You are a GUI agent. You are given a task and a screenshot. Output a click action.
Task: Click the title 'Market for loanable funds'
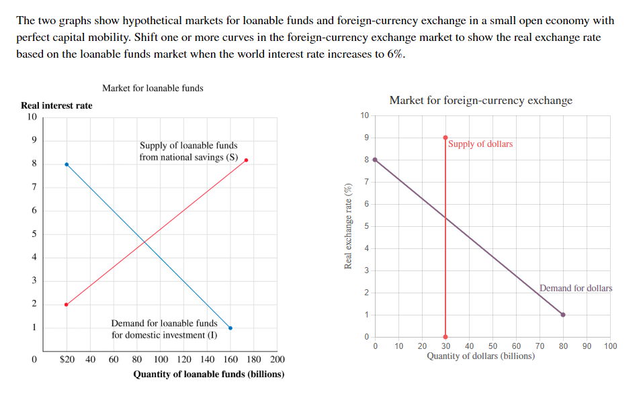pyautogui.click(x=153, y=88)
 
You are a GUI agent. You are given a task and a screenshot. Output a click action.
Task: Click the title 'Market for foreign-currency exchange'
pyautogui.click(x=480, y=101)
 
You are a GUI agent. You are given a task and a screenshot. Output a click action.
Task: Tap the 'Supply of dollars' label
pyautogui.click(x=480, y=144)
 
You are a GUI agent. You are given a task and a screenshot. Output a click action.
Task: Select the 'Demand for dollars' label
pyautogui.click(x=576, y=288)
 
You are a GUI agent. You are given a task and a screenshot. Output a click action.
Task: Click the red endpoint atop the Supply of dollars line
pyautogui.click(x=445, y=138)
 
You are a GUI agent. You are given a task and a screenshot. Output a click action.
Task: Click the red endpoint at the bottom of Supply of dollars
pyautogui.click(x=445, y=337)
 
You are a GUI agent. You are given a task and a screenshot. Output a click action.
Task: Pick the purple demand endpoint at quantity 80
pyautogui.click(x=563, y=315)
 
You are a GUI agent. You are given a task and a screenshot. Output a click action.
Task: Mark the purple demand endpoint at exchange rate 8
pyautogui.click(x=375, y=160)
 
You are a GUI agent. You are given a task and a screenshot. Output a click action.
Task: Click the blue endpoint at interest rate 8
pyautogui.click(x=66, y=164)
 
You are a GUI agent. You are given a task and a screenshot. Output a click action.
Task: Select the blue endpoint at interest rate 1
pyautogui.click(x=230, y=328)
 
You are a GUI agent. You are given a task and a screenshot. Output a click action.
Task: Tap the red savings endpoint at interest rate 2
pyautogui.click(x=66, y=305)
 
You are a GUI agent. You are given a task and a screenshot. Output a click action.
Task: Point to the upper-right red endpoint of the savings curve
pyautogui.click(x=247, y=160)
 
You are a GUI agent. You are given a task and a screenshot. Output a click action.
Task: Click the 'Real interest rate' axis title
pyautogui.click(x=57, y=105)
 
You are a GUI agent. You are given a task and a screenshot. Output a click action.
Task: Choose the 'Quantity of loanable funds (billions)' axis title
pyautogui.click(x=208, y=374)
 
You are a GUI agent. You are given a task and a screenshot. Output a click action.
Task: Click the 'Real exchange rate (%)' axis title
pyautogui.click(x=348, y=225)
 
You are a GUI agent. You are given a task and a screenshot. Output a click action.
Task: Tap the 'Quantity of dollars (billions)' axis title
pyautogui.click(x=480, y=356)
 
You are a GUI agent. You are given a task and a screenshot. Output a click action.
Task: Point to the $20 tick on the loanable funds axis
pyautogui.click(x=67, y=360)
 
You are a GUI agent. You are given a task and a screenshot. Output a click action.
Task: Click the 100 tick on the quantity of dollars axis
pyautogui.click(x=609, y=346)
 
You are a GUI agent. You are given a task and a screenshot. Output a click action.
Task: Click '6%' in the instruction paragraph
pyautogui.click(x=396, y=54)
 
